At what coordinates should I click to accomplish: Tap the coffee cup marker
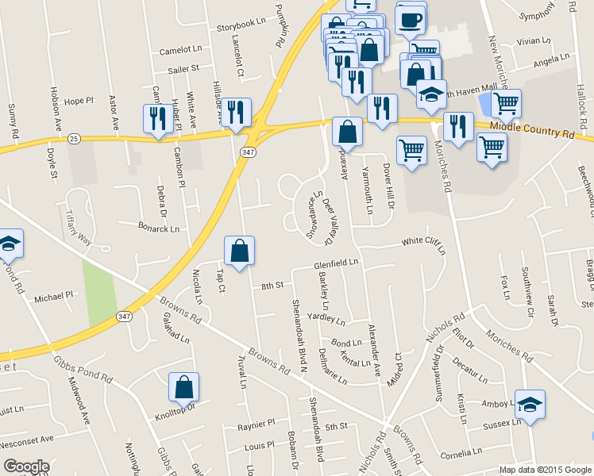tap(410, 19)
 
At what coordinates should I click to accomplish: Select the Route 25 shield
tap(74, 138)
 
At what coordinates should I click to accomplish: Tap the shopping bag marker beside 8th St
tap(239, 251)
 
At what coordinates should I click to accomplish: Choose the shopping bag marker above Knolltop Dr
tap(183, 388)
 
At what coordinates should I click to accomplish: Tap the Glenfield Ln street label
tap(337, 262)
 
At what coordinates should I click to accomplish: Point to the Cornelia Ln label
tap(459, 455)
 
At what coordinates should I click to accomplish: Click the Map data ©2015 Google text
tap(545, 470)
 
